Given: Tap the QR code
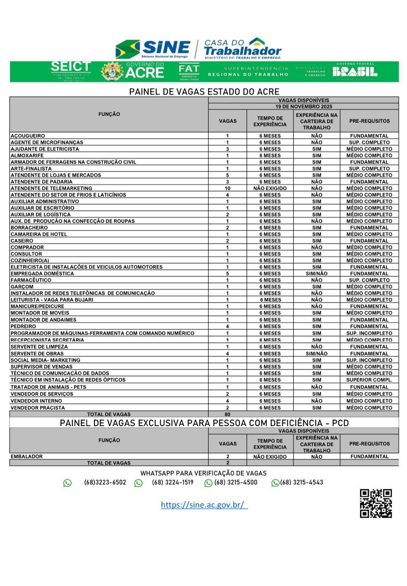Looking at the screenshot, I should (375, 503).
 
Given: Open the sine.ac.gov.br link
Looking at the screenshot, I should (204, 505).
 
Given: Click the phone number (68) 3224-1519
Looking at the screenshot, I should (173, 482).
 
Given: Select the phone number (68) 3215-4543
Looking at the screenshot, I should (301, 482).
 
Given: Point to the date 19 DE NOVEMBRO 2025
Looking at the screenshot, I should (304, 107).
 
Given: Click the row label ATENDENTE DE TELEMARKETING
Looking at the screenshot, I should (51, 188).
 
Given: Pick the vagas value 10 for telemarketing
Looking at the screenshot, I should (227, 188).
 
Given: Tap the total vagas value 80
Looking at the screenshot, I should (227, 414).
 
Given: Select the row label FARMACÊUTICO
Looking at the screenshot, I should (31, 280).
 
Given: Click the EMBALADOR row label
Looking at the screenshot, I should (27, 456).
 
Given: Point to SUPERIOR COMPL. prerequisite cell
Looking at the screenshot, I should (369, 380).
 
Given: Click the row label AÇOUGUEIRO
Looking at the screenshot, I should (28, 136).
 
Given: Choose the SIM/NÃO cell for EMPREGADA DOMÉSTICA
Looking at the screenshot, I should (317, 274).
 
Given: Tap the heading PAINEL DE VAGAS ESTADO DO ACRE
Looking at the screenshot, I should (204, 92).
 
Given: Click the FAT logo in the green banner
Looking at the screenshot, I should (189, 71).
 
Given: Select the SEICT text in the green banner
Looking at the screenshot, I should (71, 67).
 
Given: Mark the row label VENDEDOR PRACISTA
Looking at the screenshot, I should (38, 408).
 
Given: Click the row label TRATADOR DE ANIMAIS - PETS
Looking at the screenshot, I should (48, 387).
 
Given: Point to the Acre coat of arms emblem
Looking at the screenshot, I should (112, 71).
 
